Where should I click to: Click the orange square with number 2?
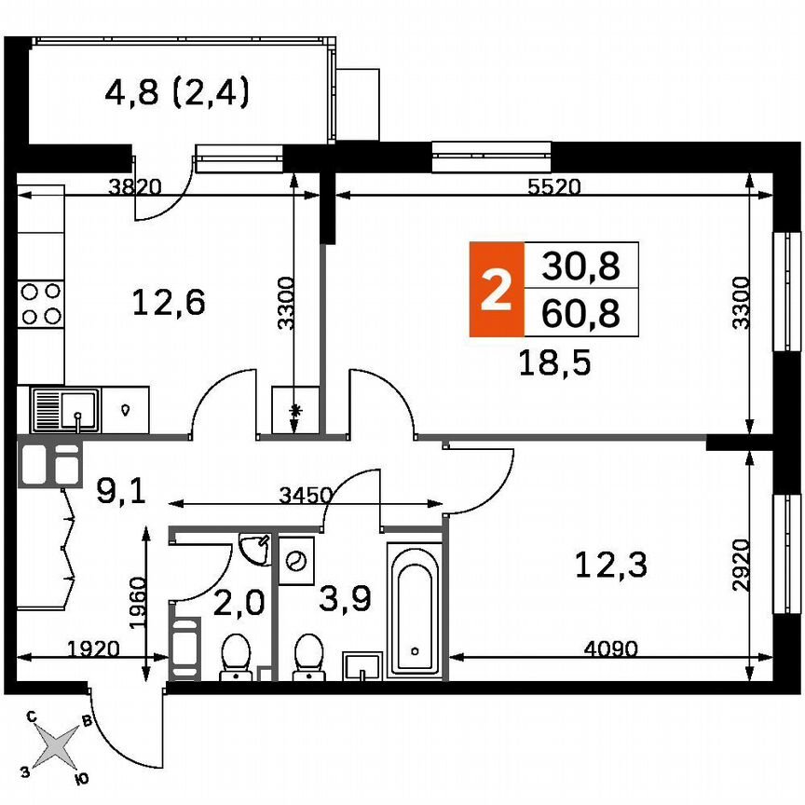click(x=496, y=289)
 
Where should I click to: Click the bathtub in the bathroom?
click(x=415, y=608)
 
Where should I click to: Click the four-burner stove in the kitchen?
click(x=41, y=303)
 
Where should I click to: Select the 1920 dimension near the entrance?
click(x=93, y=649)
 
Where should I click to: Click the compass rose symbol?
click(x=58, y=745)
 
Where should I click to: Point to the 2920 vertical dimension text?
click(x=741, y=564)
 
